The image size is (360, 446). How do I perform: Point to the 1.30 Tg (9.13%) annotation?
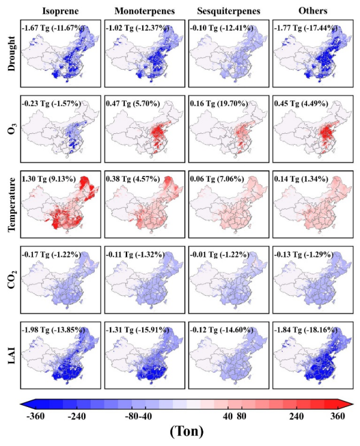click(x=50, y=179)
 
